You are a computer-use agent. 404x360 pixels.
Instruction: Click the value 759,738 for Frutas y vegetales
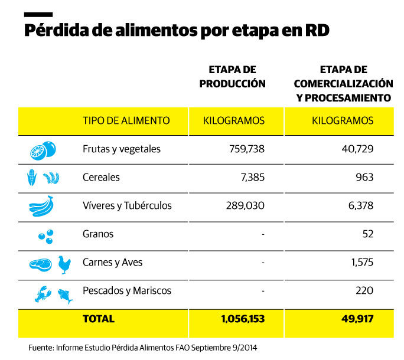pyautogui.click(x=246, y=149)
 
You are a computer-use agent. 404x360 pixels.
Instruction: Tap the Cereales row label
pyautogui.click(x=101, y=178)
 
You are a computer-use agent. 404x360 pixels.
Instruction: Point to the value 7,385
pyautogui.click(x=253, y=178)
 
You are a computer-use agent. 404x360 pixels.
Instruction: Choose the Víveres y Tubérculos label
pyautogui.click(x=127, y=206)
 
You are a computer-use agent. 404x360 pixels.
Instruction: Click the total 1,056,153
pyautogui.click(x=242, y=319)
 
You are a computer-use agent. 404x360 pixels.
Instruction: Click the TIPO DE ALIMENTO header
pyautogui.click(x=126, y=121)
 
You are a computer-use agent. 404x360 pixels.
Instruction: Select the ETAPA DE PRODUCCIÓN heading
pyautogui.click(x=232, y=77)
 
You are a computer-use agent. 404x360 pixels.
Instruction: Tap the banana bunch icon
pyautogui.click(x=43, y=206)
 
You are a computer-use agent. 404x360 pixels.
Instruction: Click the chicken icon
pyautogui.click(x=64, y=264)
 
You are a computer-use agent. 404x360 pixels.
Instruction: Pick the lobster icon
pyautogui.click(x=43, y=293)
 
